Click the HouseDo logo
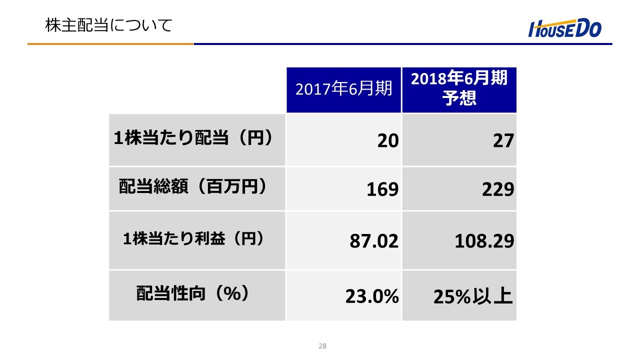click(x=565, y=29)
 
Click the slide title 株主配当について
click(x=108, y=25)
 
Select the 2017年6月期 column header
click(x=343, y=89)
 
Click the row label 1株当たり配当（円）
click(x=193, y=139)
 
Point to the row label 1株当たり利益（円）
click(x=193, y=239)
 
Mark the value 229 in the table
click(x=498, y=190)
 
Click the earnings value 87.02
click(x=374, y=241)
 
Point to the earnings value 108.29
click(x=484, y=241)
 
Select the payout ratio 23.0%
click(x=372, y=297)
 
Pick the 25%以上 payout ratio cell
click(x=473, y=296)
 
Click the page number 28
click(x=322, y=346)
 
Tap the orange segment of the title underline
click(x=110, y=44)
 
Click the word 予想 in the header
click(x=459, y=98)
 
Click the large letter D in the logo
click(x=581, y=29)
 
